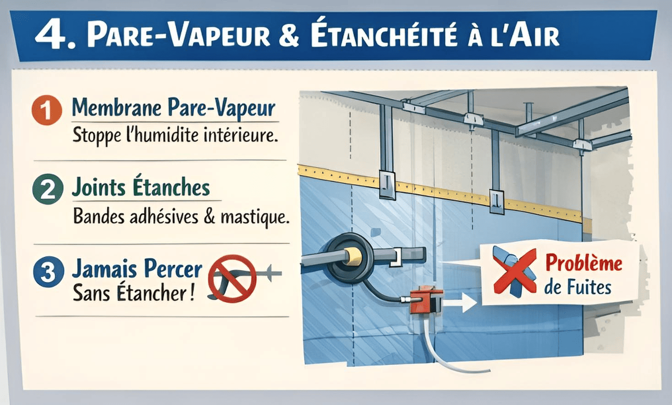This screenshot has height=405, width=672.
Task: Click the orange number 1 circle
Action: click(x=47, y=110)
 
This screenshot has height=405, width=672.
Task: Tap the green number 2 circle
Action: click(x=48, y=189)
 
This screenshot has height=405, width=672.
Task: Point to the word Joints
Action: click(x=98, y=188)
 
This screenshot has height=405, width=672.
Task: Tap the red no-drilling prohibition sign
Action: click(x=232, y=278)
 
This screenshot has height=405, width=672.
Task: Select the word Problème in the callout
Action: click(x=584, y=263)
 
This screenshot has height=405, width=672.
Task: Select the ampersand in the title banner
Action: click(x=288, y=36)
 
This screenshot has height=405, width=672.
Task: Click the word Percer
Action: click(x=176, y=269)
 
